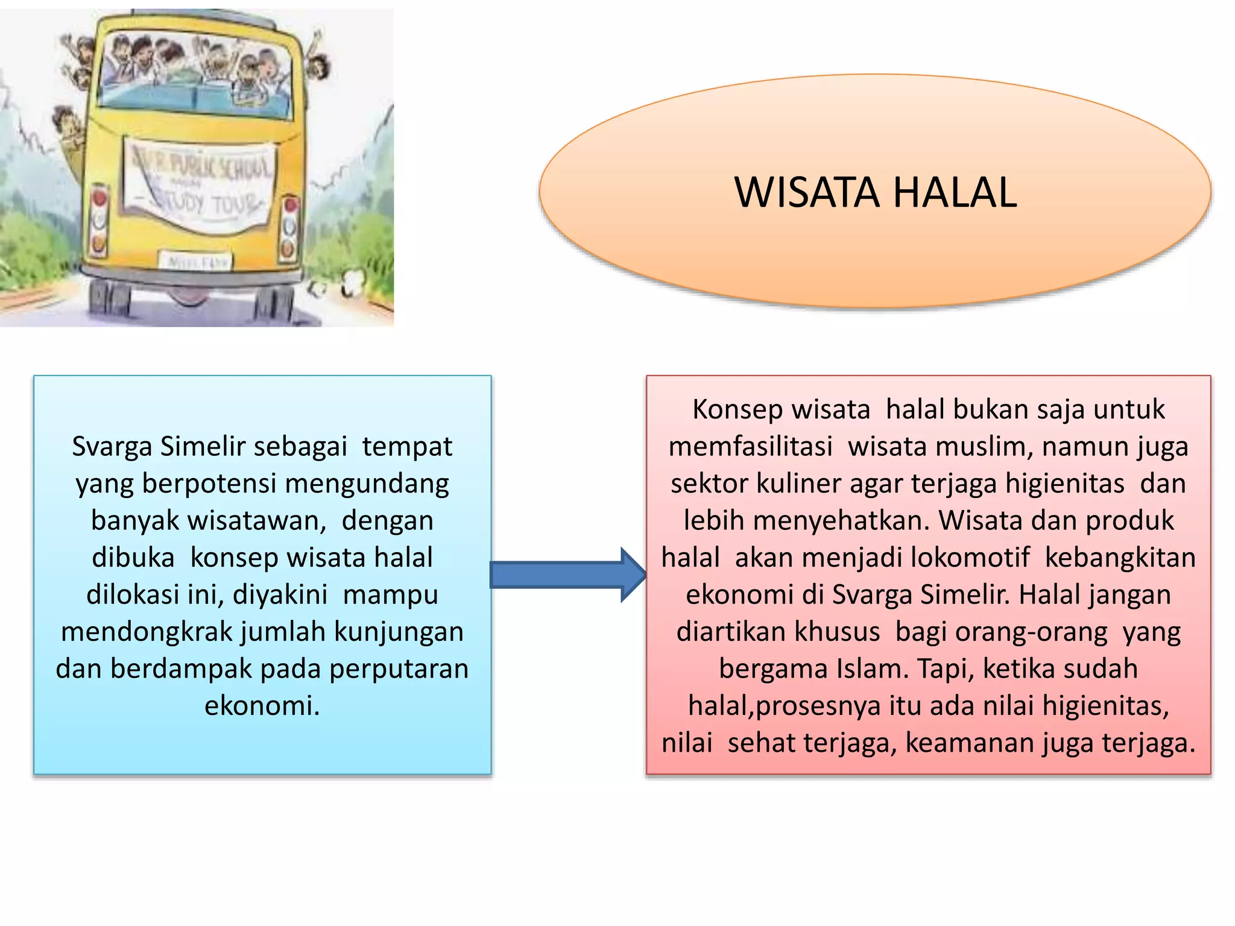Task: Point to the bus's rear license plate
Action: tap(195, 262)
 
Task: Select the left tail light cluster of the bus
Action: tap(99, 221)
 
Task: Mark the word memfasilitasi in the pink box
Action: tap(751, 447)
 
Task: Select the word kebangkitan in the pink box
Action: tap(1120, 558)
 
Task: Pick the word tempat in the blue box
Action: tap(407, 447)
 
